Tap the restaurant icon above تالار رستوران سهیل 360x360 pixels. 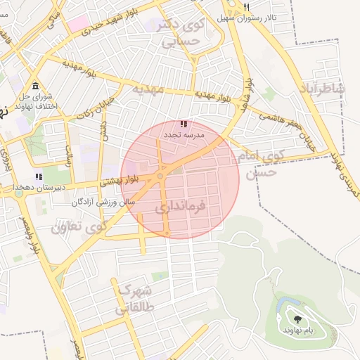click(x=247, y=7)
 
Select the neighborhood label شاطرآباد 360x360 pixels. click(x=323, y=88)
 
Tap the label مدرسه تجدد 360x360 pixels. click(x=184, y=134)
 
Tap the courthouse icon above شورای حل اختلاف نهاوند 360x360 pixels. click(x=35, y=86)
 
